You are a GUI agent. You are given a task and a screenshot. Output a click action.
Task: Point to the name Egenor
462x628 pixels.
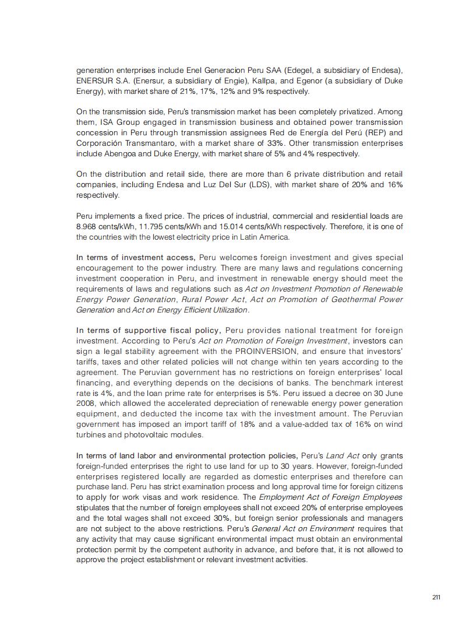[x=315, y=81]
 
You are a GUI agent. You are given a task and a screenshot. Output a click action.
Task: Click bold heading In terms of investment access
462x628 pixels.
[x=136, y=258]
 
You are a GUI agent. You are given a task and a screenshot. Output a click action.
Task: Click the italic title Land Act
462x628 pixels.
[x=342, y=455]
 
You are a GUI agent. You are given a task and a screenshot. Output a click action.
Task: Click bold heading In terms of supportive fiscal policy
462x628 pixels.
[x=148, y=331]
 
